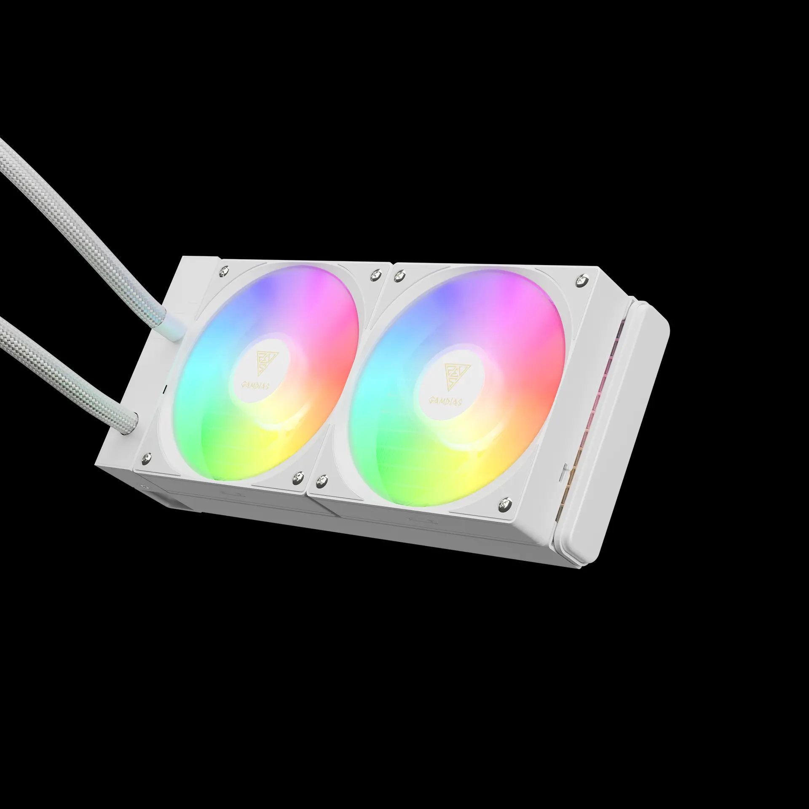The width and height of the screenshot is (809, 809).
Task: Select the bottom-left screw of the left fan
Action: tap(147, 457)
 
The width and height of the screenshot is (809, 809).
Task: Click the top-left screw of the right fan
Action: tap(396, 276)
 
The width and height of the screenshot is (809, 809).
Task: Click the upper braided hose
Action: tap(84, 236)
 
